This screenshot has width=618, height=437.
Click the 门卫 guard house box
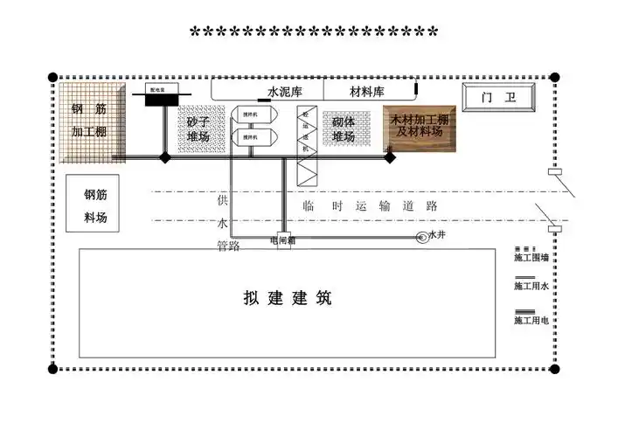point(499,98)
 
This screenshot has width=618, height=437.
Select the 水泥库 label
point(283,91)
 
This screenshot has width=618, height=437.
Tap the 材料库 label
point(366,91)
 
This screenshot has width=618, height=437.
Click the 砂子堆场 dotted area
point(198,128)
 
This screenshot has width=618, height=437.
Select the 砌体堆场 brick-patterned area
point(343,128)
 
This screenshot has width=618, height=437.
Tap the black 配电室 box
point(162,99)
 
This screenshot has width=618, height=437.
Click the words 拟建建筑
point(288,298)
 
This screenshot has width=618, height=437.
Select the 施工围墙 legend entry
point(531,255)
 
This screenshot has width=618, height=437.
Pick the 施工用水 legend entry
point(531,284)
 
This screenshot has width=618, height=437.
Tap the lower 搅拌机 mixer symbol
point(251,137)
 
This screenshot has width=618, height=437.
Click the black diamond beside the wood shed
point(390,158)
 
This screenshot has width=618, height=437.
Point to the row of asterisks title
point(314,34)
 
